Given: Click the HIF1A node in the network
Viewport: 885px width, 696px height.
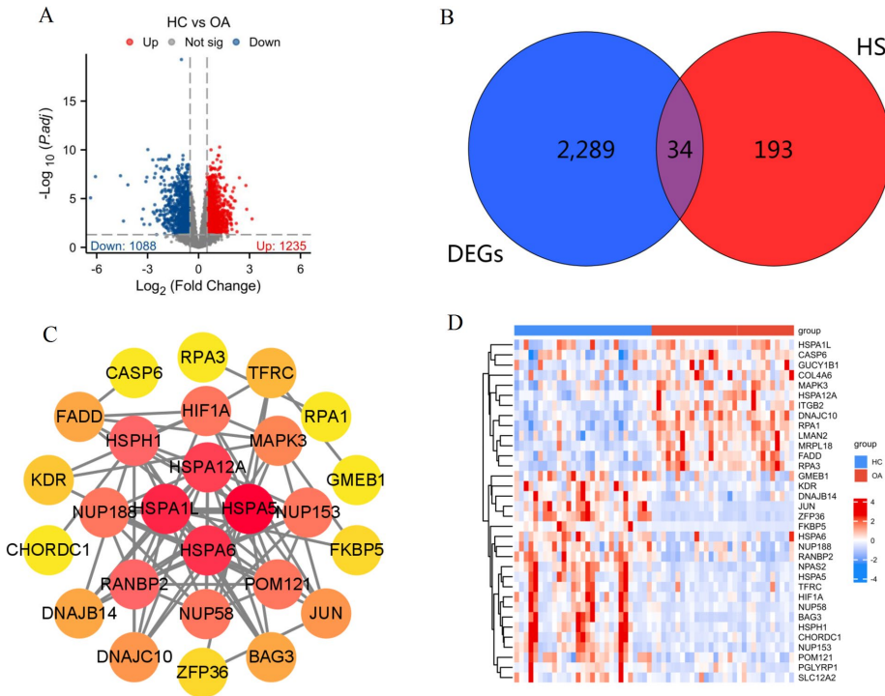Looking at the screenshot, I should pos(205,410).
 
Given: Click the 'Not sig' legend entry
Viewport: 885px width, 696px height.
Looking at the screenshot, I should pos(195,43).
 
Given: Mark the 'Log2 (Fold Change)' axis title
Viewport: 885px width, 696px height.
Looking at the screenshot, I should pos(198,287).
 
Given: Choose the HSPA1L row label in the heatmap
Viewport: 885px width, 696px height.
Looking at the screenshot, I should pos(816,345).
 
